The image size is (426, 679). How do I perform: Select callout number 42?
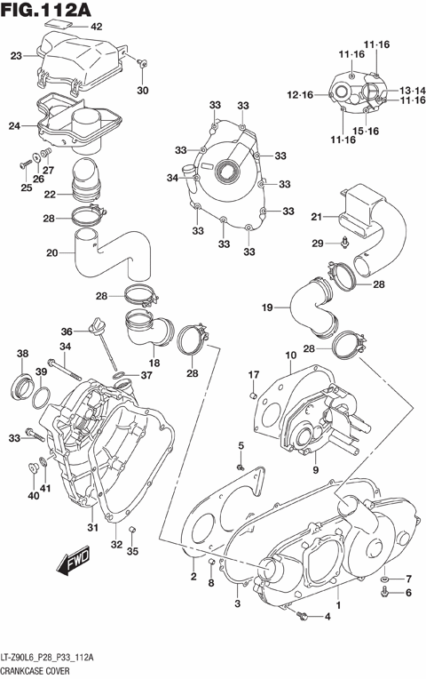pos(97,27)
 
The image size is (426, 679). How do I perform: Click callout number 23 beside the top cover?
pos(16,56)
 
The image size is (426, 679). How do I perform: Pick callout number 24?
pos(14,126)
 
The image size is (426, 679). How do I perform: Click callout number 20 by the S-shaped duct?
pos(52,252)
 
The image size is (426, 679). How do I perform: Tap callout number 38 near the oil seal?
pos(21,354)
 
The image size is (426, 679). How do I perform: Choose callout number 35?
pos(132,551)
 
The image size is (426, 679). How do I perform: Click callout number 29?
pos(318,243)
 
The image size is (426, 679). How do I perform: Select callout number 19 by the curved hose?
pos(267,308)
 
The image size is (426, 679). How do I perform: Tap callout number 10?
pos(290,357)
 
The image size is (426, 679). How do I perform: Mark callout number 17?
pos(253,373)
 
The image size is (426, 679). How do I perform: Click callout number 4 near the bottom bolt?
pos(327,617)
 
